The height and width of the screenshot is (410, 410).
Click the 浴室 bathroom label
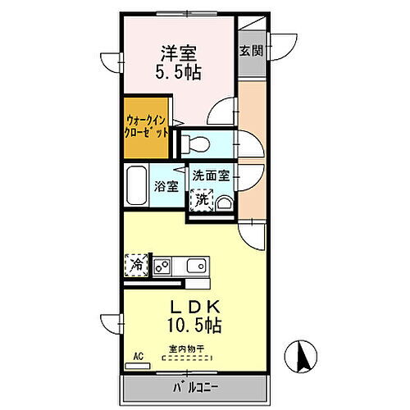pyautogui.click(x=166, y=185)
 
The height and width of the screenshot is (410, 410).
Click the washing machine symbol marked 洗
pyautogui.click(x=201, y=199)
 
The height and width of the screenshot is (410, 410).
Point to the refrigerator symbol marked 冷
pyautogui.click(x=137, y=264)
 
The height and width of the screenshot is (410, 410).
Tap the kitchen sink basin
pyautogui.click(x=195, y=266)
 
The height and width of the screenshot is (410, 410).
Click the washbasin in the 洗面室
pyautogui.click(x=224, y=202)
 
